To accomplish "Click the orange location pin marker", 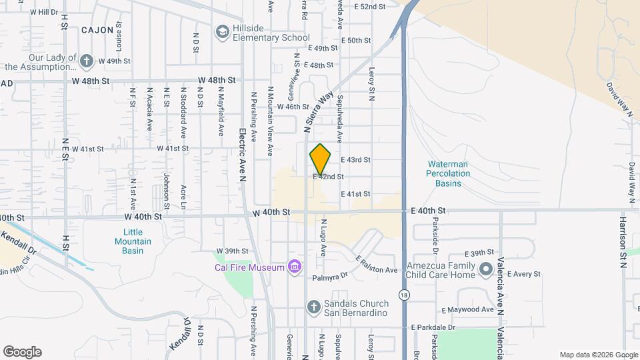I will point(320,159).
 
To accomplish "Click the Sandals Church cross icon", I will point(313,307).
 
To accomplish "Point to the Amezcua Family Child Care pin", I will point(486,269).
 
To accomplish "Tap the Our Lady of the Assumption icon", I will point(86,61).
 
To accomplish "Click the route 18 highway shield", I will point(405,295).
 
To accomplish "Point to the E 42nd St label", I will point(329,177).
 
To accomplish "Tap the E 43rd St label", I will point(355,160).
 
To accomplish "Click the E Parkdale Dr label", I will point(433,327).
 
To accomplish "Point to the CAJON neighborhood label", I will point(98,30).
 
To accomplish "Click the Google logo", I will point(22,351).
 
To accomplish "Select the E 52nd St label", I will point(363,7).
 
